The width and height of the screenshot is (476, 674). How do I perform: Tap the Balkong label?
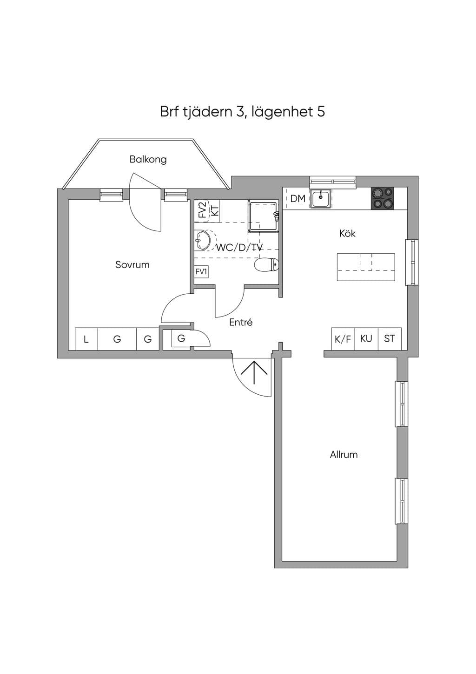[148, 160]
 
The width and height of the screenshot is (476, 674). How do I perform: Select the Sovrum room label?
[132, 265]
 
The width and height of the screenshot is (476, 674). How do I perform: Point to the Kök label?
[347, 233]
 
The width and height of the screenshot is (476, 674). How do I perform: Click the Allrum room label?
[344, 454]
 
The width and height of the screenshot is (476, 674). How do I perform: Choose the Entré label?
[241, 322]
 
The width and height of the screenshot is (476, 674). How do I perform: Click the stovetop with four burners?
[383, 198]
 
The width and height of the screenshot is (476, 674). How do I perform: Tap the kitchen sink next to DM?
[321, 199]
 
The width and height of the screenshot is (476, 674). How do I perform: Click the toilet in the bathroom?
[266, 265]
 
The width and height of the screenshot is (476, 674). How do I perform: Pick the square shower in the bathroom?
[263, 216]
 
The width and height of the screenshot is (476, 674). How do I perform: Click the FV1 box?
[201, 272]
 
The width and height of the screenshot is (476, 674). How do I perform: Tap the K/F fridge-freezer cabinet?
[343, 339]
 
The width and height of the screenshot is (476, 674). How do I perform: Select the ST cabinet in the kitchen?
[390, 339]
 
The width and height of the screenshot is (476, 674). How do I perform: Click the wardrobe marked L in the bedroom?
[86, 339]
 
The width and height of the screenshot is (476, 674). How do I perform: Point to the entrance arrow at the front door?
[254, 372]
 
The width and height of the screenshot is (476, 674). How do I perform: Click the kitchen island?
[366, 267]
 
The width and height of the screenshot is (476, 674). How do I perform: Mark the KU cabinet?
[366, 339]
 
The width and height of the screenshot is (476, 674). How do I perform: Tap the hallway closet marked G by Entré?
[181, 338]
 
